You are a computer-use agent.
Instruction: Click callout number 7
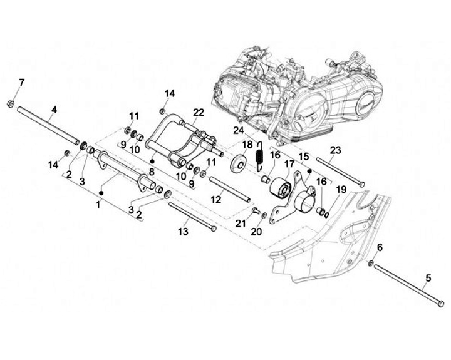point(22,83)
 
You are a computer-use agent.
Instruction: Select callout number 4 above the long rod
point(54,110)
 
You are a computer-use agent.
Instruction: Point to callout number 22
point(199,113)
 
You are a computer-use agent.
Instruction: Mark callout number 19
point(341,188)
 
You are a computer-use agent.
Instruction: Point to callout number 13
point(183,232)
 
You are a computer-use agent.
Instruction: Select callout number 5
point(428,277)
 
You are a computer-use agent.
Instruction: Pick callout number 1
point(98,205)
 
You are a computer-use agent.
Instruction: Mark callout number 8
point(152,170)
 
